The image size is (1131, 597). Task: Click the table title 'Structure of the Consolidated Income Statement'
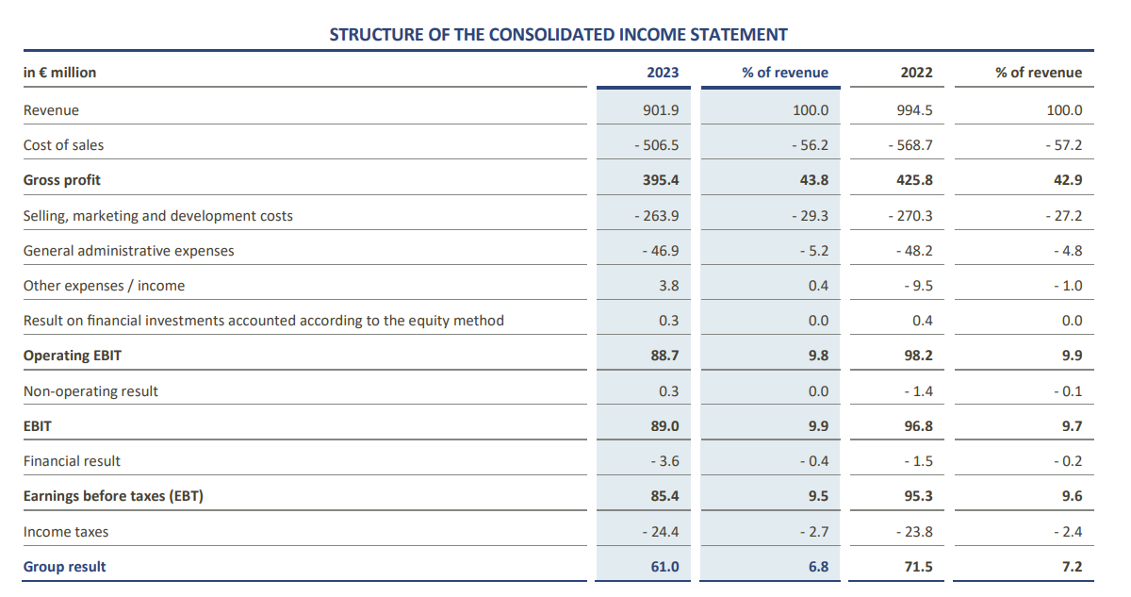click(558, 35)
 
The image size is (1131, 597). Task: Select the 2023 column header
click(663, 73)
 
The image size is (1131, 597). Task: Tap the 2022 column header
click(916, 73)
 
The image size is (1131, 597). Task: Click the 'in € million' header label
click(59, 73)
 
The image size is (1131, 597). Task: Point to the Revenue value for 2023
click(660, 110)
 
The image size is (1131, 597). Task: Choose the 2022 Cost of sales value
click(910, 145)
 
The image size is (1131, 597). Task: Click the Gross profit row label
click(62, 180)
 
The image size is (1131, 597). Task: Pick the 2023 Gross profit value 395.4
click(660, 180)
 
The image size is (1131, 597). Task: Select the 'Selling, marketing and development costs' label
click(158, 216)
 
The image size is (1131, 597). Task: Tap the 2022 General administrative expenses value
click(910, 251)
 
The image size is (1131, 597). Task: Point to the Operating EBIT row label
click(73, 356)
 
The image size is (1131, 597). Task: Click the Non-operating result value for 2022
click(914, 391)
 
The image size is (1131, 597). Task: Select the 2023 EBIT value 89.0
click(664, 426)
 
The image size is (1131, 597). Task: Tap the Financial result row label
click(73, 461)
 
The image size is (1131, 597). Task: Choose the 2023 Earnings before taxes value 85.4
click(664, 496)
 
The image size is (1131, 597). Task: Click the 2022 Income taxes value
click(910, 532)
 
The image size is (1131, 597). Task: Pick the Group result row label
click(65, 567)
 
